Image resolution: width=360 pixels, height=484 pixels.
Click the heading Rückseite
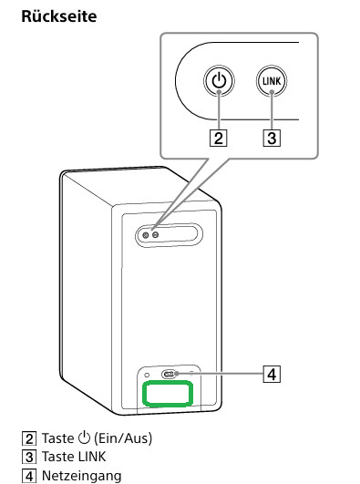59,16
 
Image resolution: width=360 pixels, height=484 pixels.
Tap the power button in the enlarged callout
219,81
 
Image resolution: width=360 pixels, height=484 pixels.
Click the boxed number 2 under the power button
219,138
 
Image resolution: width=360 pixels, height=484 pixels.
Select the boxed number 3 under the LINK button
272,138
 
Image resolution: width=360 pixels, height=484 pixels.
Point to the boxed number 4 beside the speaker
272,374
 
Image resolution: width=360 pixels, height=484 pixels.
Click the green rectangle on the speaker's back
168,393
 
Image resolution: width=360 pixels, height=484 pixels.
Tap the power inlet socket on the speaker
169,375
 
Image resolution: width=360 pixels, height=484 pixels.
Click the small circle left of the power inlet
147,375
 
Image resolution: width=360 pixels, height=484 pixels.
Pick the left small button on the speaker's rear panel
146,235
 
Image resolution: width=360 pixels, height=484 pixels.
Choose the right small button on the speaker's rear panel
156,235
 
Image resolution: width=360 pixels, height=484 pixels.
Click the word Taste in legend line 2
57,438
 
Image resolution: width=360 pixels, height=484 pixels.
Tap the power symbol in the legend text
84,438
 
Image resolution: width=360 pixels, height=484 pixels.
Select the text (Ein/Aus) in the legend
123,438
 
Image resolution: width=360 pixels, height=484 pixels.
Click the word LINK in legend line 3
92,457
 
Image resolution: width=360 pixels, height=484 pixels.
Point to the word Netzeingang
81,476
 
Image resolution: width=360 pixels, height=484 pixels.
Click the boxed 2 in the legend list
29,438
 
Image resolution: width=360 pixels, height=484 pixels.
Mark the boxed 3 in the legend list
29,458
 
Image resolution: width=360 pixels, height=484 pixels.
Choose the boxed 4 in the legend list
29,476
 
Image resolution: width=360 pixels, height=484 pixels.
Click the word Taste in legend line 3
57,457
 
